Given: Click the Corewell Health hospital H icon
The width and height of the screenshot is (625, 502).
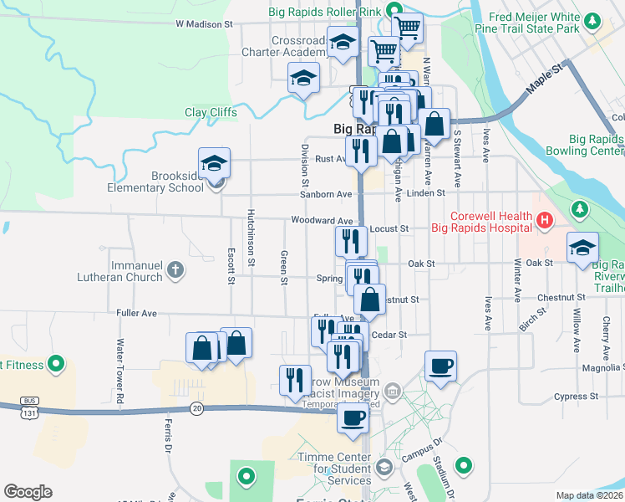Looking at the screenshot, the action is coord(544,221).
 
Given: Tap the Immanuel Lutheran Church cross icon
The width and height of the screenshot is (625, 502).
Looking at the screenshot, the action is coord(174,269).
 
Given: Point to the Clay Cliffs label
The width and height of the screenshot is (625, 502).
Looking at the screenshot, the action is coord(211,112).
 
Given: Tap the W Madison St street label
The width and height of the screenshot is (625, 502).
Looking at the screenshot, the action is coord(204,24).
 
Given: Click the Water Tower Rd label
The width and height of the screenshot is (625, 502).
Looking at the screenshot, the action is coord(120,368).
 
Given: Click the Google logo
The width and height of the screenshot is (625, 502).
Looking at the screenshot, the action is coord(28,492).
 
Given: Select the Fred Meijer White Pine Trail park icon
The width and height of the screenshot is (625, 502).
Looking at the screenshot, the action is coord(592,20).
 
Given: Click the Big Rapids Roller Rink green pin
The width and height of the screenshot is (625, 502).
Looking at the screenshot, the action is coord(399,12).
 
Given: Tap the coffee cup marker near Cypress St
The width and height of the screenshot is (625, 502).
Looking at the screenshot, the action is coord(440,366).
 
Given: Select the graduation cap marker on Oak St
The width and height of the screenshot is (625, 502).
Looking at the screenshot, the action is coord(582,247).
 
